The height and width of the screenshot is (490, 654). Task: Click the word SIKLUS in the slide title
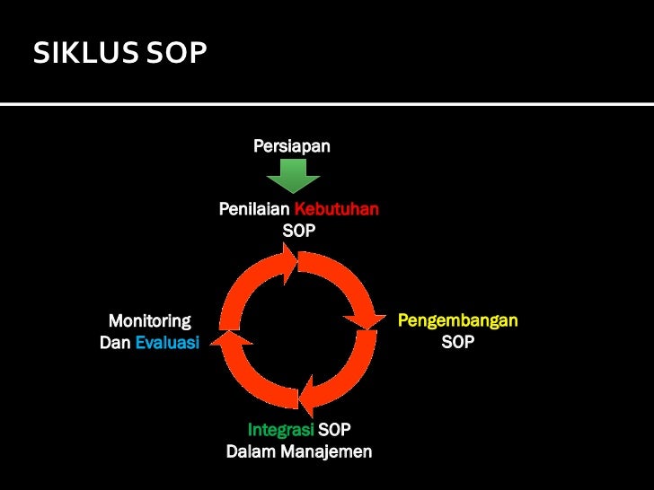tap(84, 55)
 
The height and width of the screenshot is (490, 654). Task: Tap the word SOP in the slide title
tap(175, 55)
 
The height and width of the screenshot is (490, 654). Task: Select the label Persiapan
tap(292, 145)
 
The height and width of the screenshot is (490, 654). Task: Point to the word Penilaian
tap(255, 209)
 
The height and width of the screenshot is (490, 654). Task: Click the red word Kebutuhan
tap(337, 209)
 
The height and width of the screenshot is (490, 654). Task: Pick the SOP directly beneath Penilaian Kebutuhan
tap(299, 231)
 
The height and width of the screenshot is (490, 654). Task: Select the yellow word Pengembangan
tap(458, 320)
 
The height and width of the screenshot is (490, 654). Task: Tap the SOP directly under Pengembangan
tap(458, 342)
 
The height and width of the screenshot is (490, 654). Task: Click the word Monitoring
tap(149, 320)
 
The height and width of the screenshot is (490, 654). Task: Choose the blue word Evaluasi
tap(167, 342)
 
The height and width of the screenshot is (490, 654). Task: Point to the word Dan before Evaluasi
tap(115, 342)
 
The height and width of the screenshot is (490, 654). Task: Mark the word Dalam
tap(250, 451)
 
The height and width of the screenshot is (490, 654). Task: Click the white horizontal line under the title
tap(327, 105)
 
